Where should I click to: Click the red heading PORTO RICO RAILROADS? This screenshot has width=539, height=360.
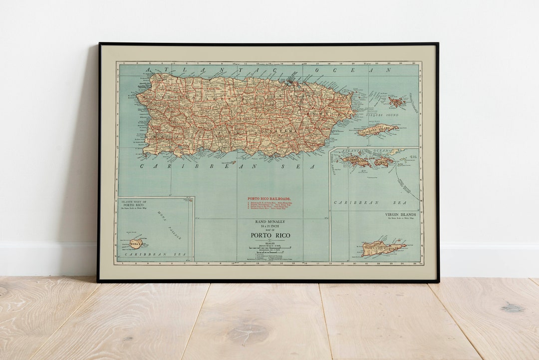(269, 198)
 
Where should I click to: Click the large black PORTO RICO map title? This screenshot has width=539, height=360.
(269, 235)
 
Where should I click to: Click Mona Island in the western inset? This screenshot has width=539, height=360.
(135, 244)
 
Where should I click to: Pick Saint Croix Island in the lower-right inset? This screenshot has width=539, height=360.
(382, 248)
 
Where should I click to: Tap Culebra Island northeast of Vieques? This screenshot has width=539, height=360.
(396, 102)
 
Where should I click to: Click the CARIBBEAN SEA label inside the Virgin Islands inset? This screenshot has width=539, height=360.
(357, 203)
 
